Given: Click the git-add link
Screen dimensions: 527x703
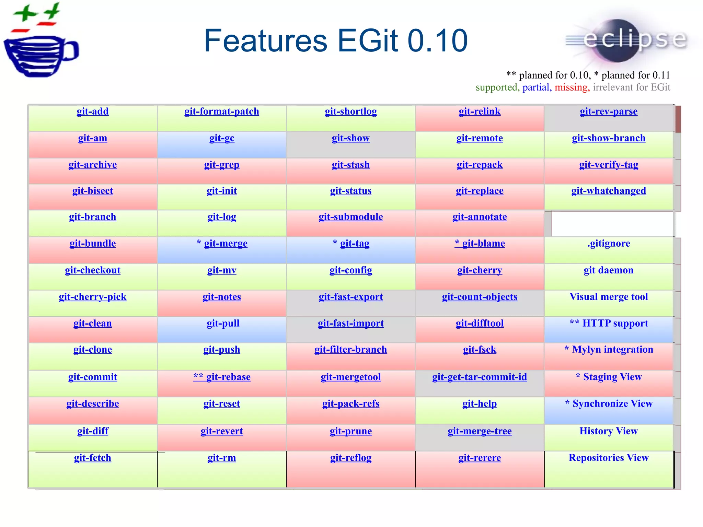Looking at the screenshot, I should click(x=93, y=112).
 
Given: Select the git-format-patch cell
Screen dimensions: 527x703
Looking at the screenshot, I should click(x=222, y=118).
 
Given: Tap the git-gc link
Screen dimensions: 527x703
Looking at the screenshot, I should click(x=222, y=138).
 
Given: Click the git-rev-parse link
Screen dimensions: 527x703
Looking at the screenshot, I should click(x=609, y=112).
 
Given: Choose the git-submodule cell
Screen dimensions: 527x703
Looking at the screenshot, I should click(x=350, y=223).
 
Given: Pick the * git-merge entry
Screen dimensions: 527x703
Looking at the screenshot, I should click(x=222, y=244).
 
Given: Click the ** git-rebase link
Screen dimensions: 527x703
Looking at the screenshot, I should click(x=222, y=377).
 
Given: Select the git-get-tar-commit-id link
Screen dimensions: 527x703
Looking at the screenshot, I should click(x=480, y=377).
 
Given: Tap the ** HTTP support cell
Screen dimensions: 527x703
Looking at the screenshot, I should click(x=609, y=329).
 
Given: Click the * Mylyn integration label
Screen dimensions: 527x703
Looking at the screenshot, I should click(x=609, y=350).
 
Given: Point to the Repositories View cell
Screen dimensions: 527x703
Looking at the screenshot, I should click(x=609, y=469).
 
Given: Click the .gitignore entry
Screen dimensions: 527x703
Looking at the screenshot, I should click(x=609, y=244).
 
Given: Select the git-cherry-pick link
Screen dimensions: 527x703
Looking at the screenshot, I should click(x=93, y=297).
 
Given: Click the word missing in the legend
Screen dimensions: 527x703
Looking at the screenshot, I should click(x=571, y=87).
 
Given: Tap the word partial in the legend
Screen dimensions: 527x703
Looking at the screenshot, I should click(x=536, y=87).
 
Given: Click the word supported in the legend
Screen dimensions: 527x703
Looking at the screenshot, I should click(x=496, y=87).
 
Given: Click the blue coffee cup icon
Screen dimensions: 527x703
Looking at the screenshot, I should click(x=39, y=55).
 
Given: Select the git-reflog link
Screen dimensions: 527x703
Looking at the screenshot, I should click(x=350, y=458).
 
